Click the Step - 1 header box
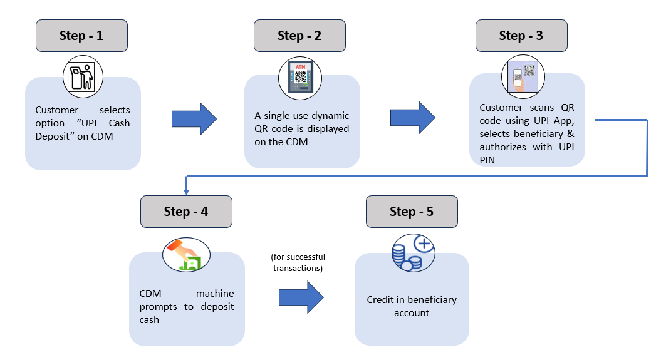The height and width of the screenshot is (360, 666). [x=81, y=36]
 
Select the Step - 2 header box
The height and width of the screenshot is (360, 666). [x=299, y=36]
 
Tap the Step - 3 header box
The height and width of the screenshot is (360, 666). [x=521, y=36]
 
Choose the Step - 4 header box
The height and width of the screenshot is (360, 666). [x=186, y=212]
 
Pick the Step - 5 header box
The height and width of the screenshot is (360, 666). [x=412, y=212]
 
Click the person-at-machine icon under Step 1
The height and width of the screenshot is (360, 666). [x=83, y=77]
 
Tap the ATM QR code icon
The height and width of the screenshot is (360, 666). [x=300, y=78]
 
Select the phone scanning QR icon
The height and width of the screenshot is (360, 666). [x=523, y=77]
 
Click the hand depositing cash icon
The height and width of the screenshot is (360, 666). [x=186, y=255]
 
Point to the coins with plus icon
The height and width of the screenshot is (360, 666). [x=413, y=253]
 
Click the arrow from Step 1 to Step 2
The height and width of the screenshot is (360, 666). [x=194, y=119]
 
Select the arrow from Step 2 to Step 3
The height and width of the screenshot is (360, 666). [x=412, y=118]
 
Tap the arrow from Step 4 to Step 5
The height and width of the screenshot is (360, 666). [x=301, y=297]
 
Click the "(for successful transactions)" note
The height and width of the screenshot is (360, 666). [x=298, y=262]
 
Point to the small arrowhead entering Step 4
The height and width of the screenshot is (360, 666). [x=186, y=192]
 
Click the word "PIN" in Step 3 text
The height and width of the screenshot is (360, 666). [x=487, y=160]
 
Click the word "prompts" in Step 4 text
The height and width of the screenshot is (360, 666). [x=158, y=307]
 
